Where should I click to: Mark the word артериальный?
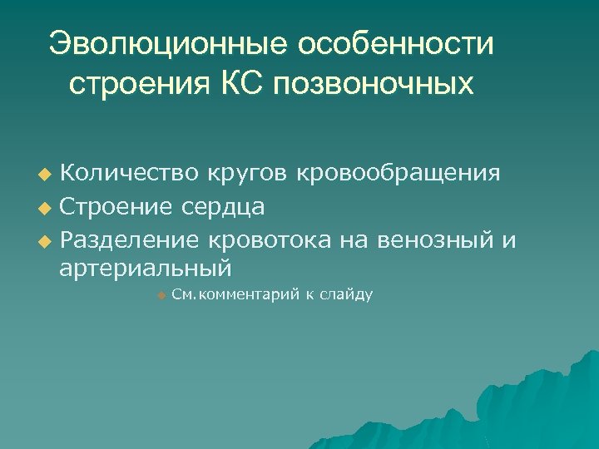(x=145, y=269)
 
